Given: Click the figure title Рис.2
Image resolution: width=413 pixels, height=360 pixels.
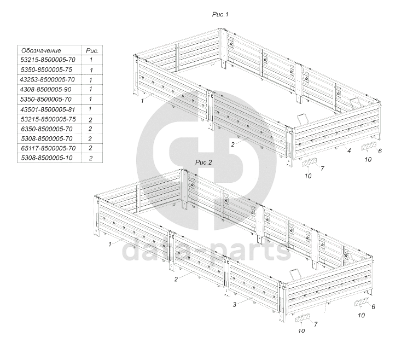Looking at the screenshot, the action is [203, 163].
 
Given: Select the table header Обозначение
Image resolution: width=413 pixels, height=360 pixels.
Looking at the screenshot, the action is [42, 50].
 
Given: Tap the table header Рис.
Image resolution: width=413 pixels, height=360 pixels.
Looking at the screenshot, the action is [90, 50].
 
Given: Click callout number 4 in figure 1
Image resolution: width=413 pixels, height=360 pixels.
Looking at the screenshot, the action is [348, 149].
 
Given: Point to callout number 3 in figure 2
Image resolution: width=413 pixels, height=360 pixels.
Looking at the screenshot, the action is [234, 304].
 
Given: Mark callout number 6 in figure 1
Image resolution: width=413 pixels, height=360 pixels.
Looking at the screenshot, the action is [380, 150].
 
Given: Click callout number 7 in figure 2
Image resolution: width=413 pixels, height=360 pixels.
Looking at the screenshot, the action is [316, 324].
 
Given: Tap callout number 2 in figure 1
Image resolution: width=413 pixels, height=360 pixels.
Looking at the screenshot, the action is [232, 144].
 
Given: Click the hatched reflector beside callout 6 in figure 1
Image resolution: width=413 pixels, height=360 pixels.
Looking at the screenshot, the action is [368, 147].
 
